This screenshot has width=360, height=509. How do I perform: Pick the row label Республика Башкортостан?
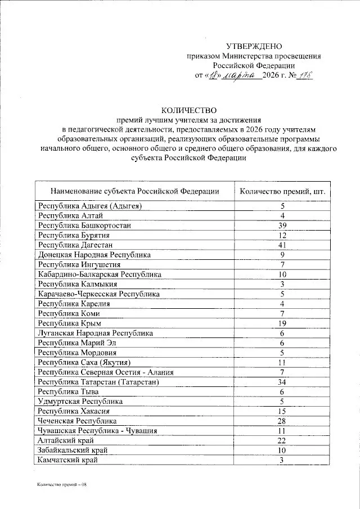click(x=84, y=225)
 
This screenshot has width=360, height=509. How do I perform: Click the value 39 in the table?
click(x=283, y=225)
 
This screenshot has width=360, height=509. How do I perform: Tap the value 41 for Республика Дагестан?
click(x=283, y=245)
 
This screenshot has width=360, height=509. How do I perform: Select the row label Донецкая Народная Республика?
click(x=94, y=255)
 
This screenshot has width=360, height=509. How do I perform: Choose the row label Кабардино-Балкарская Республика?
click(x=100, y=274)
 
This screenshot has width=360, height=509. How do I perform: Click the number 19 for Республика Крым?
click(x=283, y=323)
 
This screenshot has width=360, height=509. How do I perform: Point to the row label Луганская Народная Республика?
click(x=95, y=334)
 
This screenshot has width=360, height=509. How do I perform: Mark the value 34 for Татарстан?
click(x=283, y=382)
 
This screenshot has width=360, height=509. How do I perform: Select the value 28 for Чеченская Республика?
click(x=283, y=421)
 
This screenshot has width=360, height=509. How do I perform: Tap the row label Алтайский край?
click(x=65, y=441)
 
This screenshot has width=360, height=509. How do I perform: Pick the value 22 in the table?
click(x=283, y=441)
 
